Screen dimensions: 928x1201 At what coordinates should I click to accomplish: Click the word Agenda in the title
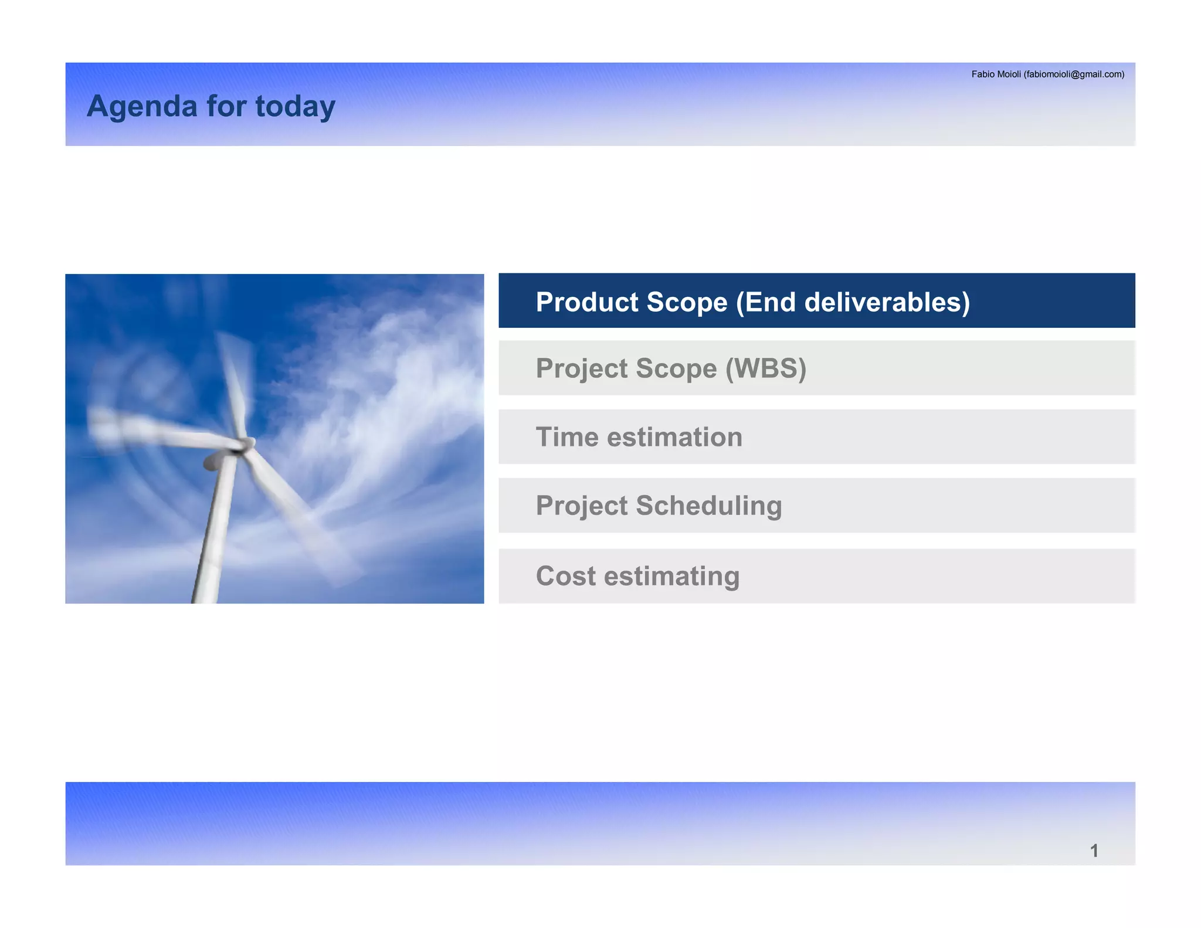point(141,107)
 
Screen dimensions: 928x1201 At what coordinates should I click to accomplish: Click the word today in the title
point(295,107)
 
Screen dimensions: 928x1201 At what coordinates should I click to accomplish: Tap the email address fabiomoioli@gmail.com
point(1074,74)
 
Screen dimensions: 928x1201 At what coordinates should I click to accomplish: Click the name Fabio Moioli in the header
point(996,74)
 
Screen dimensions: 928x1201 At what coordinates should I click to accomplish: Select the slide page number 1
point(1094,851)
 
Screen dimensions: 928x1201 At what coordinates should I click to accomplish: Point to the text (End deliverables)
point(853,302)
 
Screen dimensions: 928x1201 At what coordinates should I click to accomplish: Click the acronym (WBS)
point(765,368)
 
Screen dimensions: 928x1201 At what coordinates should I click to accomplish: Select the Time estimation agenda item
point(639,437)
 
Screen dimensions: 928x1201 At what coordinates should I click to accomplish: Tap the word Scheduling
point(708,506)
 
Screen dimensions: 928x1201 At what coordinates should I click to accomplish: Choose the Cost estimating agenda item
point(637,576)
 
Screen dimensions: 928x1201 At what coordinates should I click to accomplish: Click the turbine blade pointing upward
point(235,381)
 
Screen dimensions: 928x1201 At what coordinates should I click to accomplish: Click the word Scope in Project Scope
point(676,368)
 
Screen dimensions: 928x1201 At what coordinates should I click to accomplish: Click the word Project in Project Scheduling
point(581,506)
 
